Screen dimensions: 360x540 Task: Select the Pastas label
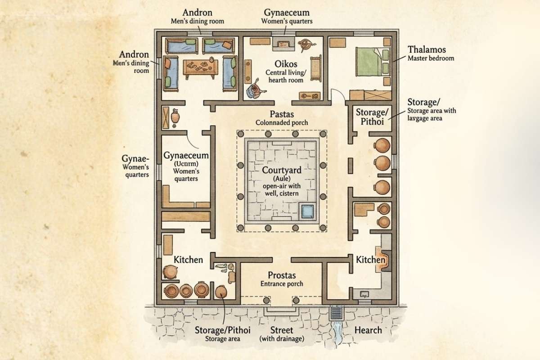[282, 114]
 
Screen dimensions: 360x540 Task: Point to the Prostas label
[282, 275]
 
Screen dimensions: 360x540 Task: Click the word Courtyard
[282, 171]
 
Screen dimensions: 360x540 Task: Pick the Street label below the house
[282, 330]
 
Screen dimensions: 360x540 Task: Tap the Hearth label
[368, 330]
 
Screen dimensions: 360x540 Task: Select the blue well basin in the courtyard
[308, 211]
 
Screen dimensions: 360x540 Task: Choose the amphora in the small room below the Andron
[176, 116]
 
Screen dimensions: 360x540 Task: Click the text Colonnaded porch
[282, 122]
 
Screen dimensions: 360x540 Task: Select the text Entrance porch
[282, 283]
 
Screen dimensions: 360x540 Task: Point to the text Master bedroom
[431, 58]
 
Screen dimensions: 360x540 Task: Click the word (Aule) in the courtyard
[282, 179]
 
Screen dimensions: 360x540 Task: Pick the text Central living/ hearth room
[284, 76]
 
